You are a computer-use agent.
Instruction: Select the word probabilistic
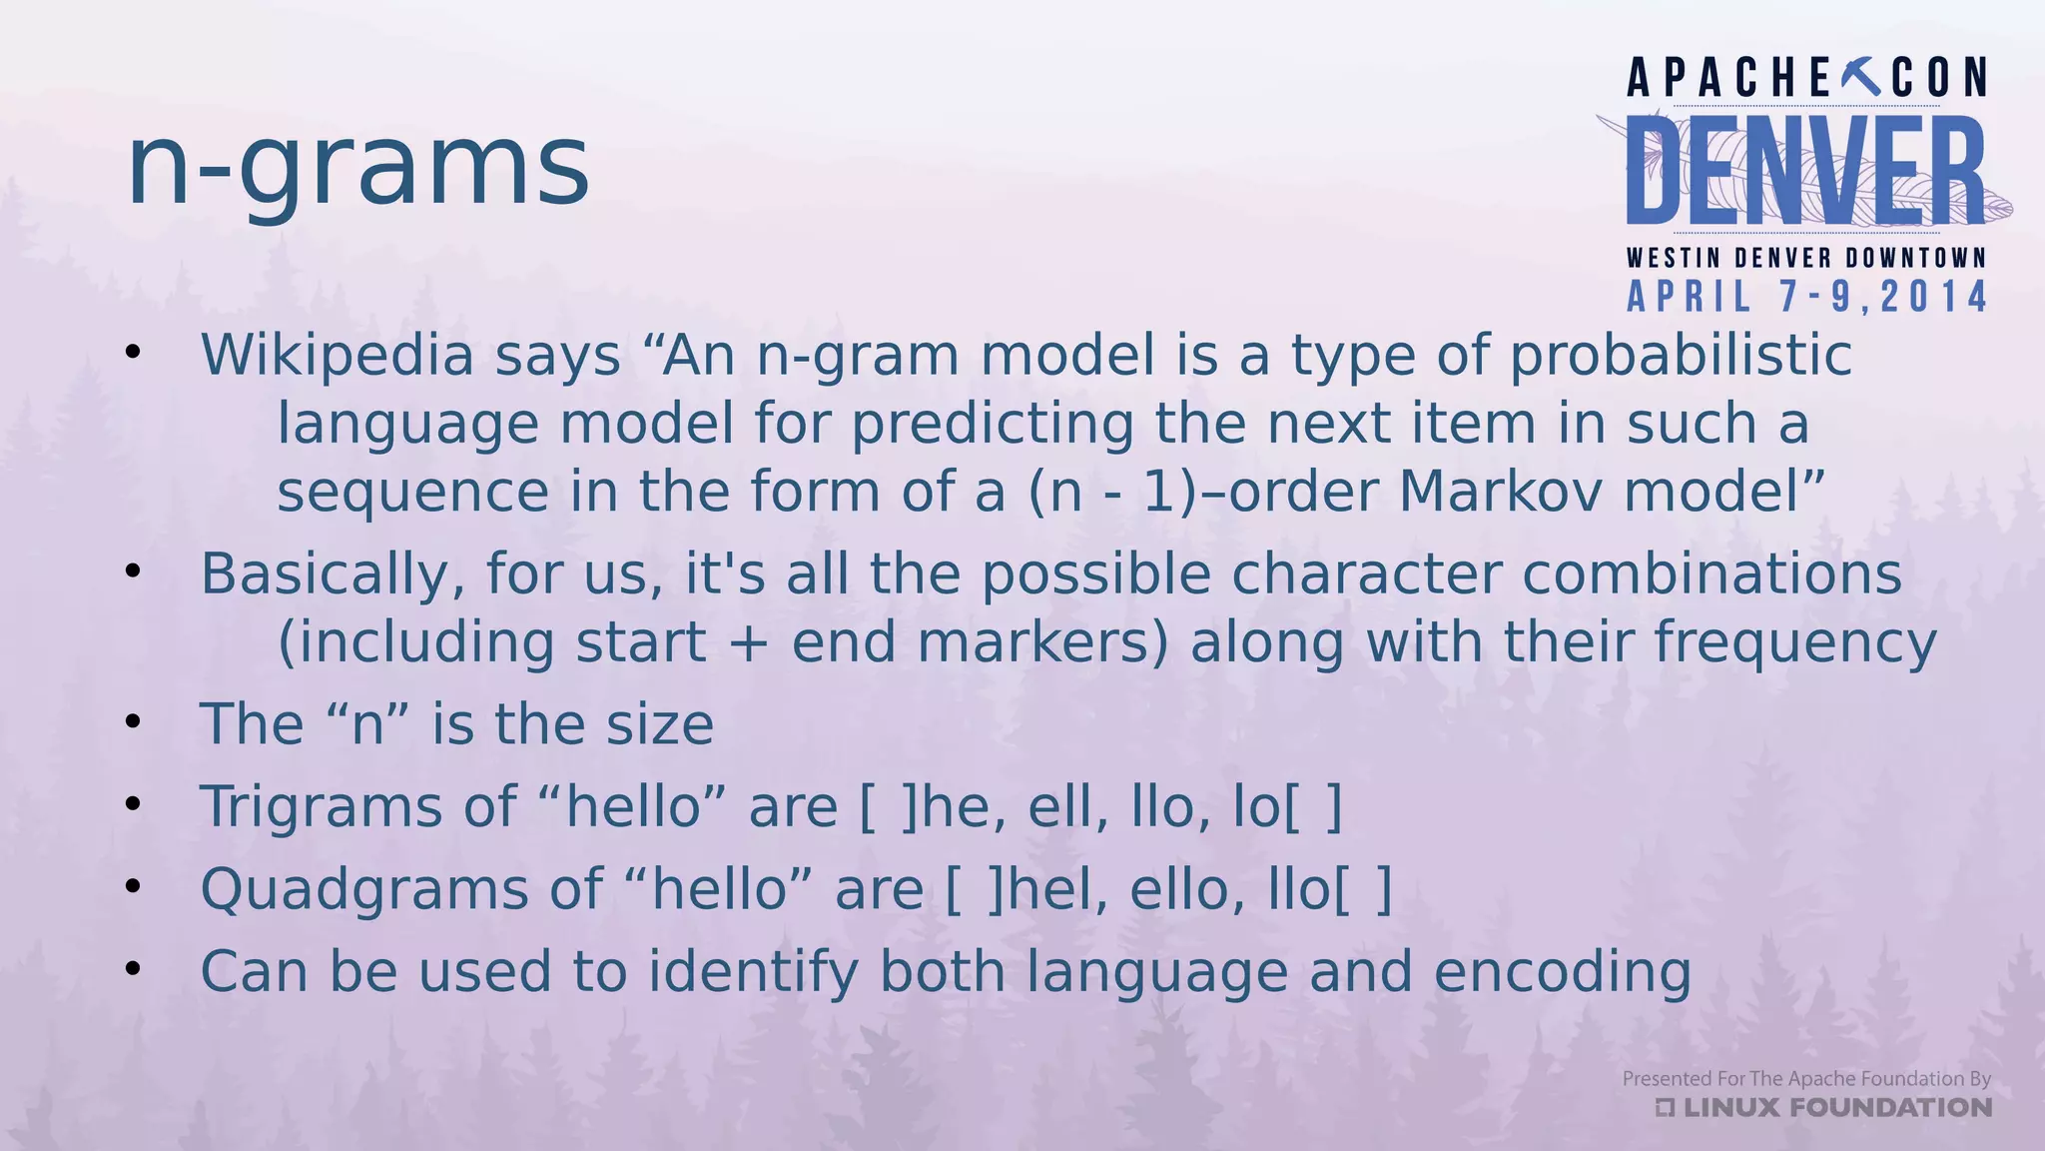pyautogui.click(x=1681, y=355)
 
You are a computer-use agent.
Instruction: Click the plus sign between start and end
pyautogui.click(x=749, y=642)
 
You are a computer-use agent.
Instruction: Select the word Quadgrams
pyautogui.click(x=364, y=889)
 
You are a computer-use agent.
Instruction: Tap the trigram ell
pyautogui.click(x=1068, y=806)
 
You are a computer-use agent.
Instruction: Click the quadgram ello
pyautogui.click(x=1186, y=889)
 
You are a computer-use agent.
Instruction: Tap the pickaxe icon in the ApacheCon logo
pyautogui.click(x=1859, y=78)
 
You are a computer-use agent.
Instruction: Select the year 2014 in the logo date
pyautogui.click(x=1934, y=298)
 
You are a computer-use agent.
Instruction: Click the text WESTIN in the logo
pyautogui.click(x=1674, y=258)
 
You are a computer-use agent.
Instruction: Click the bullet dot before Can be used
pyautogui.click(x=134, y=968)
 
